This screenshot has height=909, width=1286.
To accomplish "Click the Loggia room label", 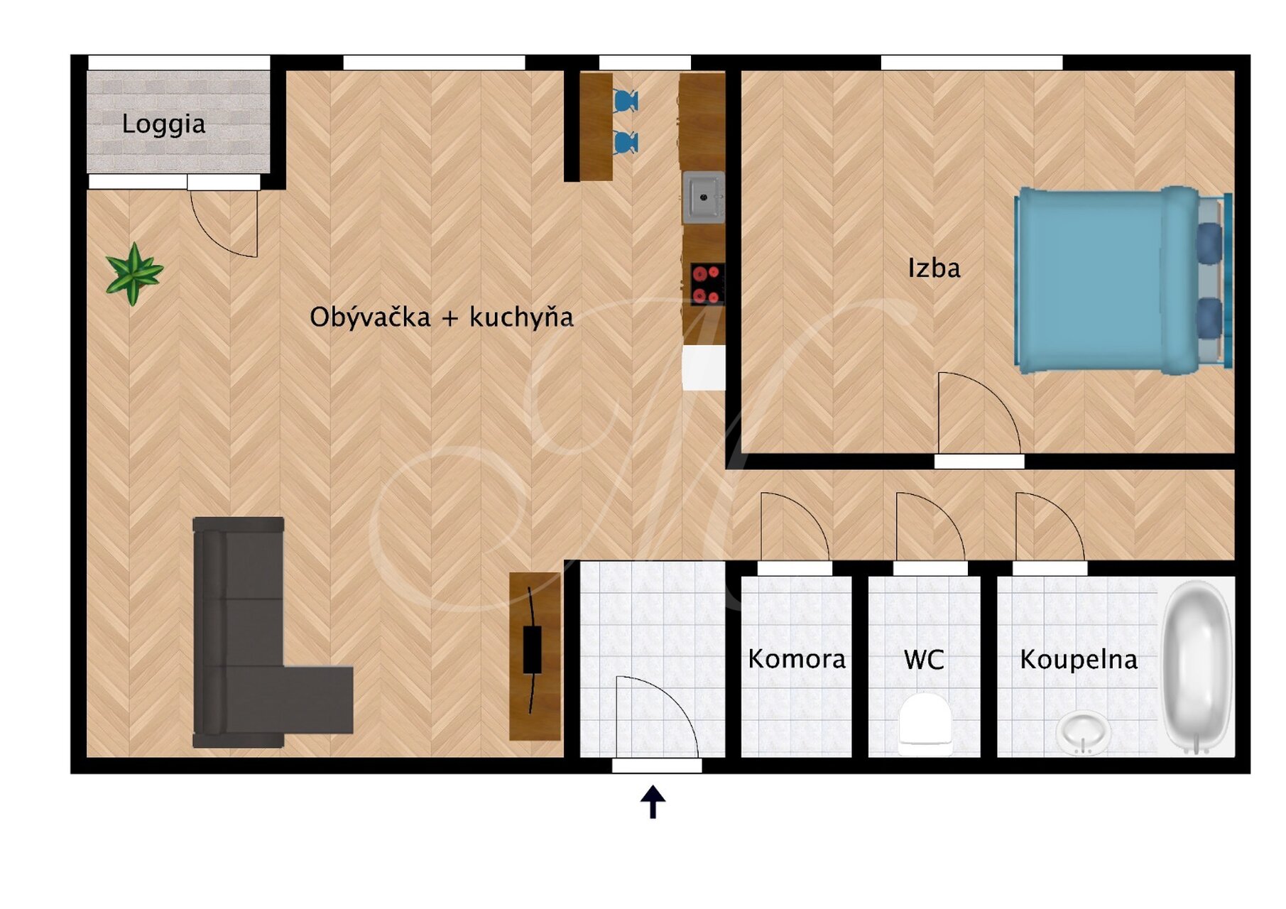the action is tap(163, 124).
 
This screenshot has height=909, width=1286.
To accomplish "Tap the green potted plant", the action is tap(133, 273).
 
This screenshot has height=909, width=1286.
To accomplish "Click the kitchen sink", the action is tap(703, 197).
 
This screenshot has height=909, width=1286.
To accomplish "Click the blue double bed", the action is tap(1123, 279).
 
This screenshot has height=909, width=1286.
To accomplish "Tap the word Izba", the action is tap(934, 268).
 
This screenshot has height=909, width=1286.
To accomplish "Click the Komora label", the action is tap(797, 659).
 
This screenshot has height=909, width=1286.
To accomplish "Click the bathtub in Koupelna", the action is tap(1197, 666).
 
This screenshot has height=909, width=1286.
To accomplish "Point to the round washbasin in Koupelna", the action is tap(1083, 732).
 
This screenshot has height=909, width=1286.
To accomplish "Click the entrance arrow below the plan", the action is tap(653, 802).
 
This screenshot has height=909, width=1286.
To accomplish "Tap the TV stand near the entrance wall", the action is tap(535, 656).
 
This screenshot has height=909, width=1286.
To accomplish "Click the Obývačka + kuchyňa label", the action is tap(441, 317).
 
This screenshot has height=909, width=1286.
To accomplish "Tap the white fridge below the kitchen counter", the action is tap(704, 367).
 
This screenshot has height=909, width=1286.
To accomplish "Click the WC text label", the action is tap(924, 660).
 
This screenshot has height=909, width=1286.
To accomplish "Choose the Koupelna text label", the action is tap(1079, 660).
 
